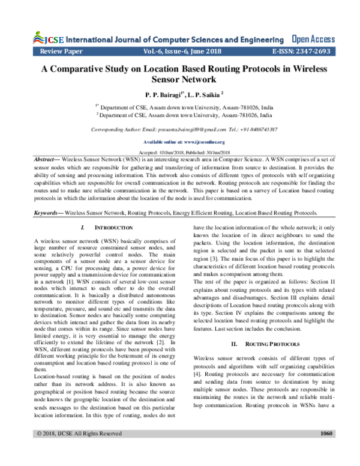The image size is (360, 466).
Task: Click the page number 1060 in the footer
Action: [327, 449]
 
